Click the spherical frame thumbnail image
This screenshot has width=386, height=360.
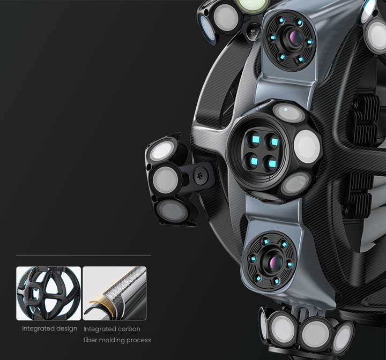click(x=48, y=294)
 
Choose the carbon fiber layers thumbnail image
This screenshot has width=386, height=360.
click(x=115, y=294)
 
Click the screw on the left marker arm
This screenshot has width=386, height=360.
click(x=199, y=176)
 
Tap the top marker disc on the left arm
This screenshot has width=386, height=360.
click(x=161, y=150)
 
